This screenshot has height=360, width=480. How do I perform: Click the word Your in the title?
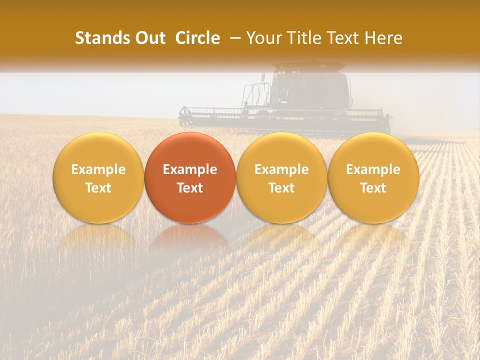(262, 38)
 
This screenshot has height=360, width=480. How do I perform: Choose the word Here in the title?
(383, 38)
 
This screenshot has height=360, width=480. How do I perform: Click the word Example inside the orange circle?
(190, 169)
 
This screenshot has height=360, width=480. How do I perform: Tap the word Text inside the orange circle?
(190, 188)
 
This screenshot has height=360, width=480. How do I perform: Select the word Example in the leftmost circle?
(98, 169)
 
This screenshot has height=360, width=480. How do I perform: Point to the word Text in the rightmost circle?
(373, 188)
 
